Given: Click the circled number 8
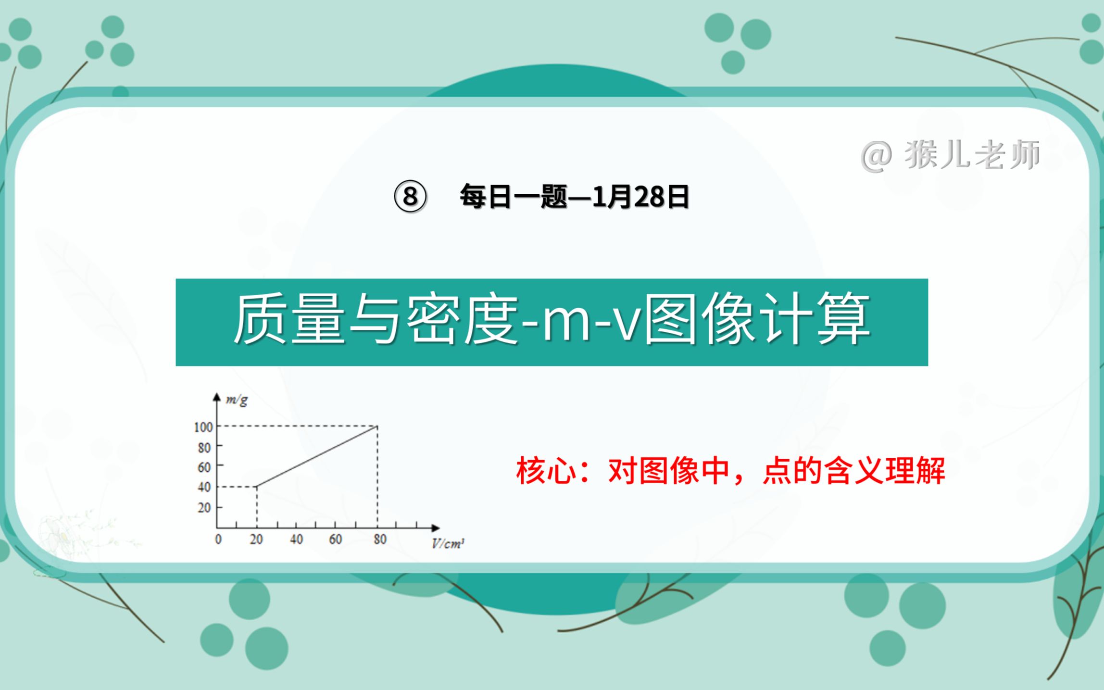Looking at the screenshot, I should (x=410, y=197).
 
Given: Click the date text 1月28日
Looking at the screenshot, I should (x=640, y=197).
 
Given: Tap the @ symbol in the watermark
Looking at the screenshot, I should (x=876, y=157).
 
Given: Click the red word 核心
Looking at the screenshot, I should (x=546, y=471).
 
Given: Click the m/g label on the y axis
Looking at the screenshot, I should (x=237, y=400).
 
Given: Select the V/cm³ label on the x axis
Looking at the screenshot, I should (x=448, y=544).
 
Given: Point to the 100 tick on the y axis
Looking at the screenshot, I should (x=203, y=427).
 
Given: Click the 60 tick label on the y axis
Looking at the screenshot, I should (x=204, y=467).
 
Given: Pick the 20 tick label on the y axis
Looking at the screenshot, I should (x=204, y=508).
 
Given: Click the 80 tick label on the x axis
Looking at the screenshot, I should (x=380, y=539).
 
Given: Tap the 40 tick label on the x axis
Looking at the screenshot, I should (x=296, y=539).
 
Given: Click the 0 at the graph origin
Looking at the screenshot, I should (x=218, y=539).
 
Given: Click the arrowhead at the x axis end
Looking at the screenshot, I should (x=435, y=528).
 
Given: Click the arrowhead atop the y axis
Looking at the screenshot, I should (x=216, y=397).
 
